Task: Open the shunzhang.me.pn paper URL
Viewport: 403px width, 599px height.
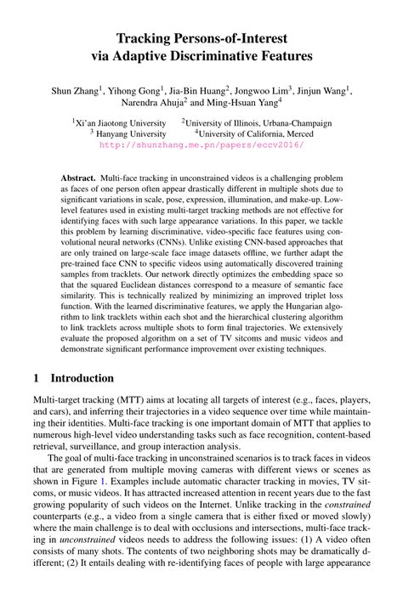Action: [x=201, y=144]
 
